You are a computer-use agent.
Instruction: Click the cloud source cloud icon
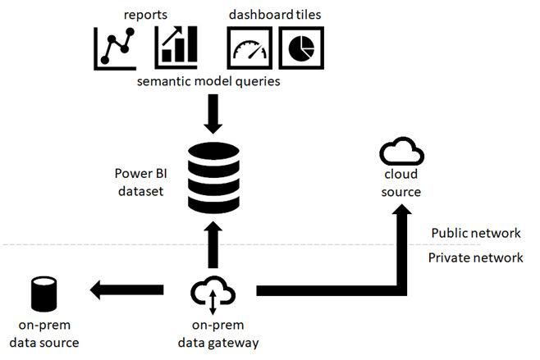pyautogui.click(x=400, y=153)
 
